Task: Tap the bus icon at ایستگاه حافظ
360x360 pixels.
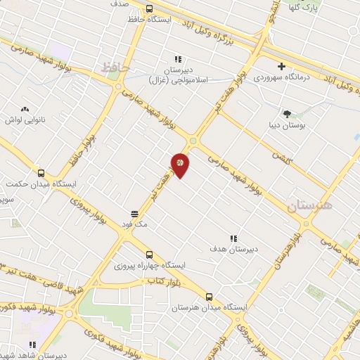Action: click(148, 8)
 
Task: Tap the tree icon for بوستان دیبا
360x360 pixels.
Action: click(286, 113)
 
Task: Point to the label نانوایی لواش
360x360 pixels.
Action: click(25, 120)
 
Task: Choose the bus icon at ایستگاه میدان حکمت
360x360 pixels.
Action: click(40, 172)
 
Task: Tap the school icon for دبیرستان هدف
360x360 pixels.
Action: click(233, 238)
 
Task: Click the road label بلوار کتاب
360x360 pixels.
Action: click(160, 281)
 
